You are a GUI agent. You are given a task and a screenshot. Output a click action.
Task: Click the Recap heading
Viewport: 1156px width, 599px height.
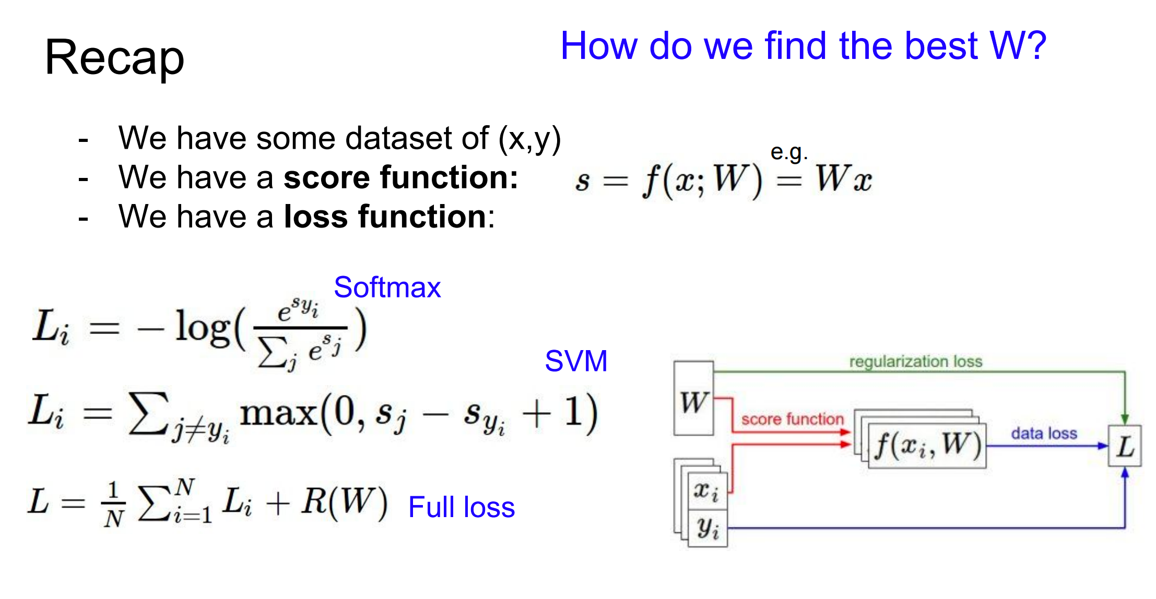click(114, 58)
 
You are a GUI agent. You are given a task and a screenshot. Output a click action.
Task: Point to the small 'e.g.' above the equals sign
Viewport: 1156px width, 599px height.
click(788, 152)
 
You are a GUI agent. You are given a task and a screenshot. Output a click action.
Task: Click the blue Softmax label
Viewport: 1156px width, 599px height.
click(387, 287)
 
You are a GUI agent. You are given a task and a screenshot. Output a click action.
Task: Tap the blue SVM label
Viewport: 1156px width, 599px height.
click(576, 361)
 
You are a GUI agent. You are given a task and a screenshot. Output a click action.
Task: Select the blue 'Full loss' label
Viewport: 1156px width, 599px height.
click(462, 507)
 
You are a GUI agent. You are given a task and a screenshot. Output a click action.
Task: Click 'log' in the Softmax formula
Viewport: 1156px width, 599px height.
click(203, 327)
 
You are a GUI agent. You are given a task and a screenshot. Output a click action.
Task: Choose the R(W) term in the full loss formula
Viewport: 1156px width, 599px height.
click(344, 502)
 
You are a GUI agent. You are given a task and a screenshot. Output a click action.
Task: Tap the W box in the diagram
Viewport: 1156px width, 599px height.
click(693, 399)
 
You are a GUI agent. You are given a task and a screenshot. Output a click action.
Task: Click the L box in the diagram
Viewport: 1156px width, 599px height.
click(1125, 446)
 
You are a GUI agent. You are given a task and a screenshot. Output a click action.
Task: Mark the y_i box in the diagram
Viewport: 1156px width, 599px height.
click(707, 528)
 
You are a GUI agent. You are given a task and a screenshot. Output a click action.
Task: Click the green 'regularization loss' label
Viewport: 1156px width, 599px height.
click(915, 362)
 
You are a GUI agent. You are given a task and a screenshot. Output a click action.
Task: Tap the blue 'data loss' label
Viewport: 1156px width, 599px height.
click(1044, 433)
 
